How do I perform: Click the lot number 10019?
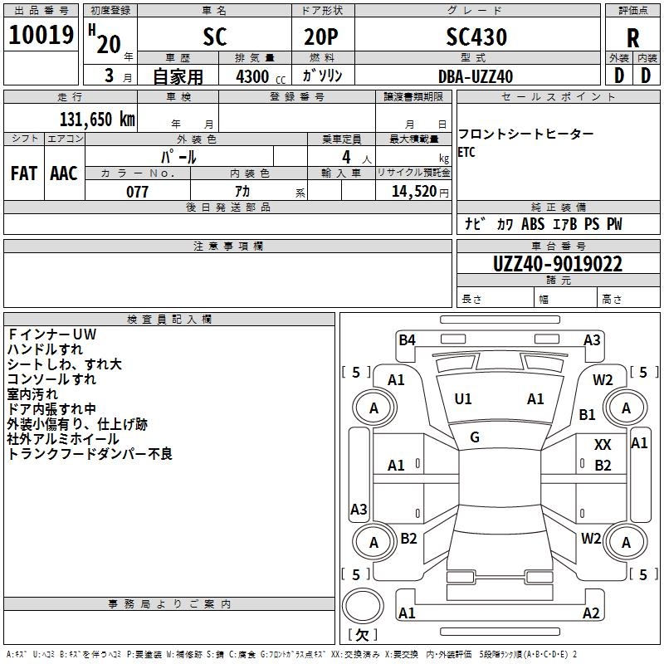click(x=41, y=35)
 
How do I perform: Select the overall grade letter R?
click(x=632, y=38)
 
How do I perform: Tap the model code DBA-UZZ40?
click(x=476, y=76)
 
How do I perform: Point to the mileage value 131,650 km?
click(x=97, y=119)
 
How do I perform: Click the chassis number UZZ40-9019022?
click(x=558, y=264)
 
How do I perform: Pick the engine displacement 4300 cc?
click(x=261, y=76)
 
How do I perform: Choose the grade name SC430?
click(x=476, y=37)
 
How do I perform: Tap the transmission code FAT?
click(x=24, y=173)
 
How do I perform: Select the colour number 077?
click(x=137, y=192)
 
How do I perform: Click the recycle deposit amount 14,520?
click(x=413, y=192)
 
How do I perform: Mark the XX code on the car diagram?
click(x=603, y=445)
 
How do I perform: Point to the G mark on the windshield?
click(x=475, y=437)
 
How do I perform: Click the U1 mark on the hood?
click(x=462, y=399)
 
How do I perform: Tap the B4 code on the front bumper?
click(x=407, y=340)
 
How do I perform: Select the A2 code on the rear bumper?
click(x=591, y=613)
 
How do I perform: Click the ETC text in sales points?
click(x=466, y=152)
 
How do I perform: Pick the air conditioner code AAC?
click(x=64, y=173)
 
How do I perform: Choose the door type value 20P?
click(x=321, y=37)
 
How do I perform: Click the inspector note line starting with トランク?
click(x=90, y=454)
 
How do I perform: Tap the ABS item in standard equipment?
click(x=533, y=224)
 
